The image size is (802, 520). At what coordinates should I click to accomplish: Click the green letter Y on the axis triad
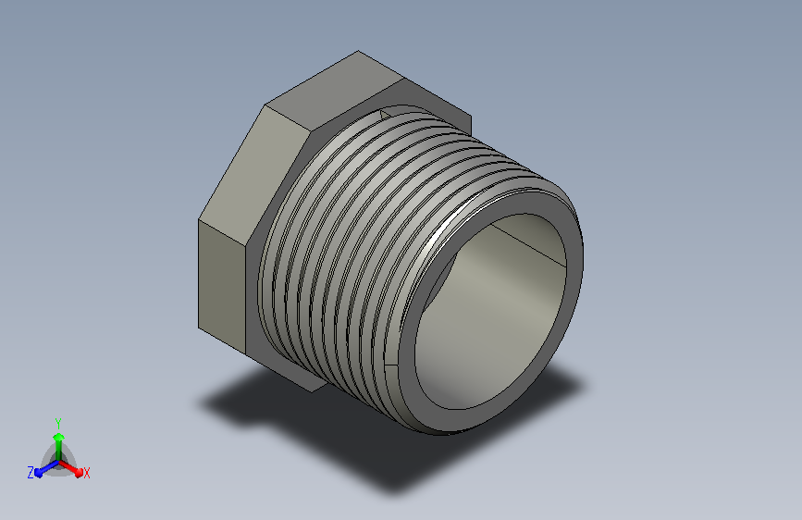58,423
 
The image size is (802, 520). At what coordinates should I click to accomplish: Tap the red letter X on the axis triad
86,473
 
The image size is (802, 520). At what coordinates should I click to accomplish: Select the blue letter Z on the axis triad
31,473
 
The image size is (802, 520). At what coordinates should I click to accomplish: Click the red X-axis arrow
70,468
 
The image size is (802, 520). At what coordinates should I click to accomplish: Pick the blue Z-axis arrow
47,468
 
